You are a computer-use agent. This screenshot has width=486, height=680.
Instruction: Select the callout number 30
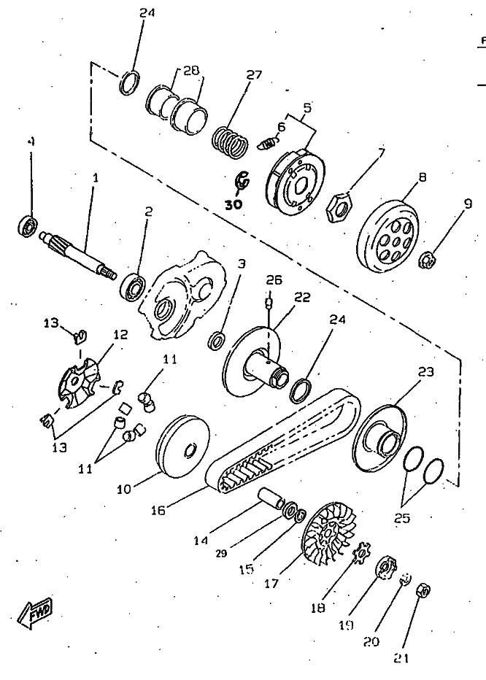pos(233,205)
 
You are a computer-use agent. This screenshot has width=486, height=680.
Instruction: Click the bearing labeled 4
pos(28,224)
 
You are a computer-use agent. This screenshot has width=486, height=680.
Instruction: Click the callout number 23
pos(425,371)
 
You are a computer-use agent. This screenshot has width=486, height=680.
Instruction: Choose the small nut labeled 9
pos(428,258)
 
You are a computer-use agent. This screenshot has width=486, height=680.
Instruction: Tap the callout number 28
pos(190,70)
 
